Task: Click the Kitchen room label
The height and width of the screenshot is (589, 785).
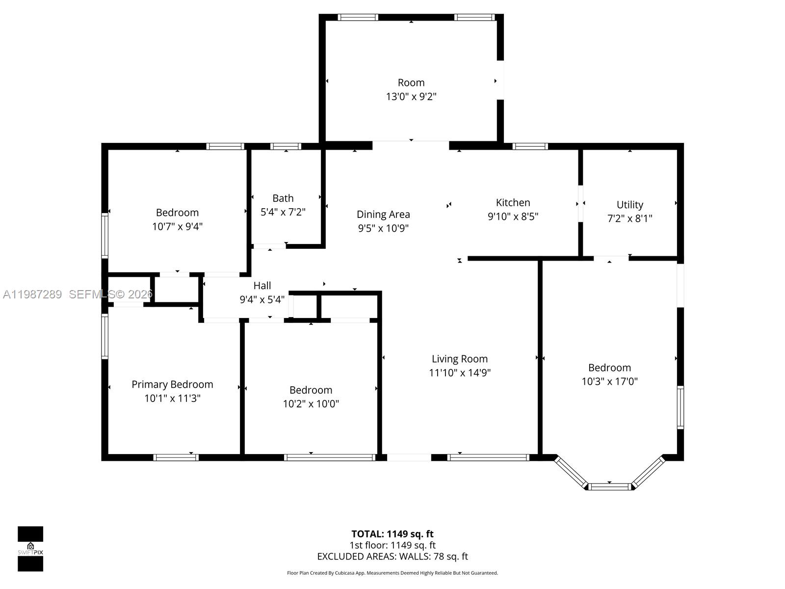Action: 513,202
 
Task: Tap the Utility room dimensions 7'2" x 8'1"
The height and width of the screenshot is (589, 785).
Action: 629,218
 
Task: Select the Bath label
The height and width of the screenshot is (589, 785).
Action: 283,198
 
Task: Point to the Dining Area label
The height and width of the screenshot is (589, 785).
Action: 383,214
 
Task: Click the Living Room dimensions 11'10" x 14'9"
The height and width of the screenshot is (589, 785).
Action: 460,373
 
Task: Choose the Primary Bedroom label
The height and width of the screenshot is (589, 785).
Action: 172,384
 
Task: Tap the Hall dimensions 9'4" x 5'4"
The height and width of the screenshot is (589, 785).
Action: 262,299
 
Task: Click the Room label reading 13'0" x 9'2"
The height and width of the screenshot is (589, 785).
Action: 411,96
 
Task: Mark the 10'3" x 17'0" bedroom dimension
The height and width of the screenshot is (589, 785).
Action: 609,381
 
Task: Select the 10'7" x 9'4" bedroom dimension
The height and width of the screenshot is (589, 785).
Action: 177,226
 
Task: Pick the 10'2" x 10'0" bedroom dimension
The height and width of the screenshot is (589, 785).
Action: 311,403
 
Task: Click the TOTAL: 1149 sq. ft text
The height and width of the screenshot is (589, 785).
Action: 392,534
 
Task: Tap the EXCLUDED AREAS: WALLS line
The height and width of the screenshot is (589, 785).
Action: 392,557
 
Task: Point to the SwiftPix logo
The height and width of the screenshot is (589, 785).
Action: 30,549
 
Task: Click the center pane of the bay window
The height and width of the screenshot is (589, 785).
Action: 609,486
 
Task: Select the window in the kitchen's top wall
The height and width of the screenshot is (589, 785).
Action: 530,146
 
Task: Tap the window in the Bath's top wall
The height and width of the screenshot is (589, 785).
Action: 286,146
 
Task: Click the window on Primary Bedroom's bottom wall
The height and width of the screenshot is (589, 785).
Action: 176,457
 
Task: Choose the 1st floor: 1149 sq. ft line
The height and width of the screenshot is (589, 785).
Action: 392,545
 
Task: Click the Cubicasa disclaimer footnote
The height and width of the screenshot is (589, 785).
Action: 392,573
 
